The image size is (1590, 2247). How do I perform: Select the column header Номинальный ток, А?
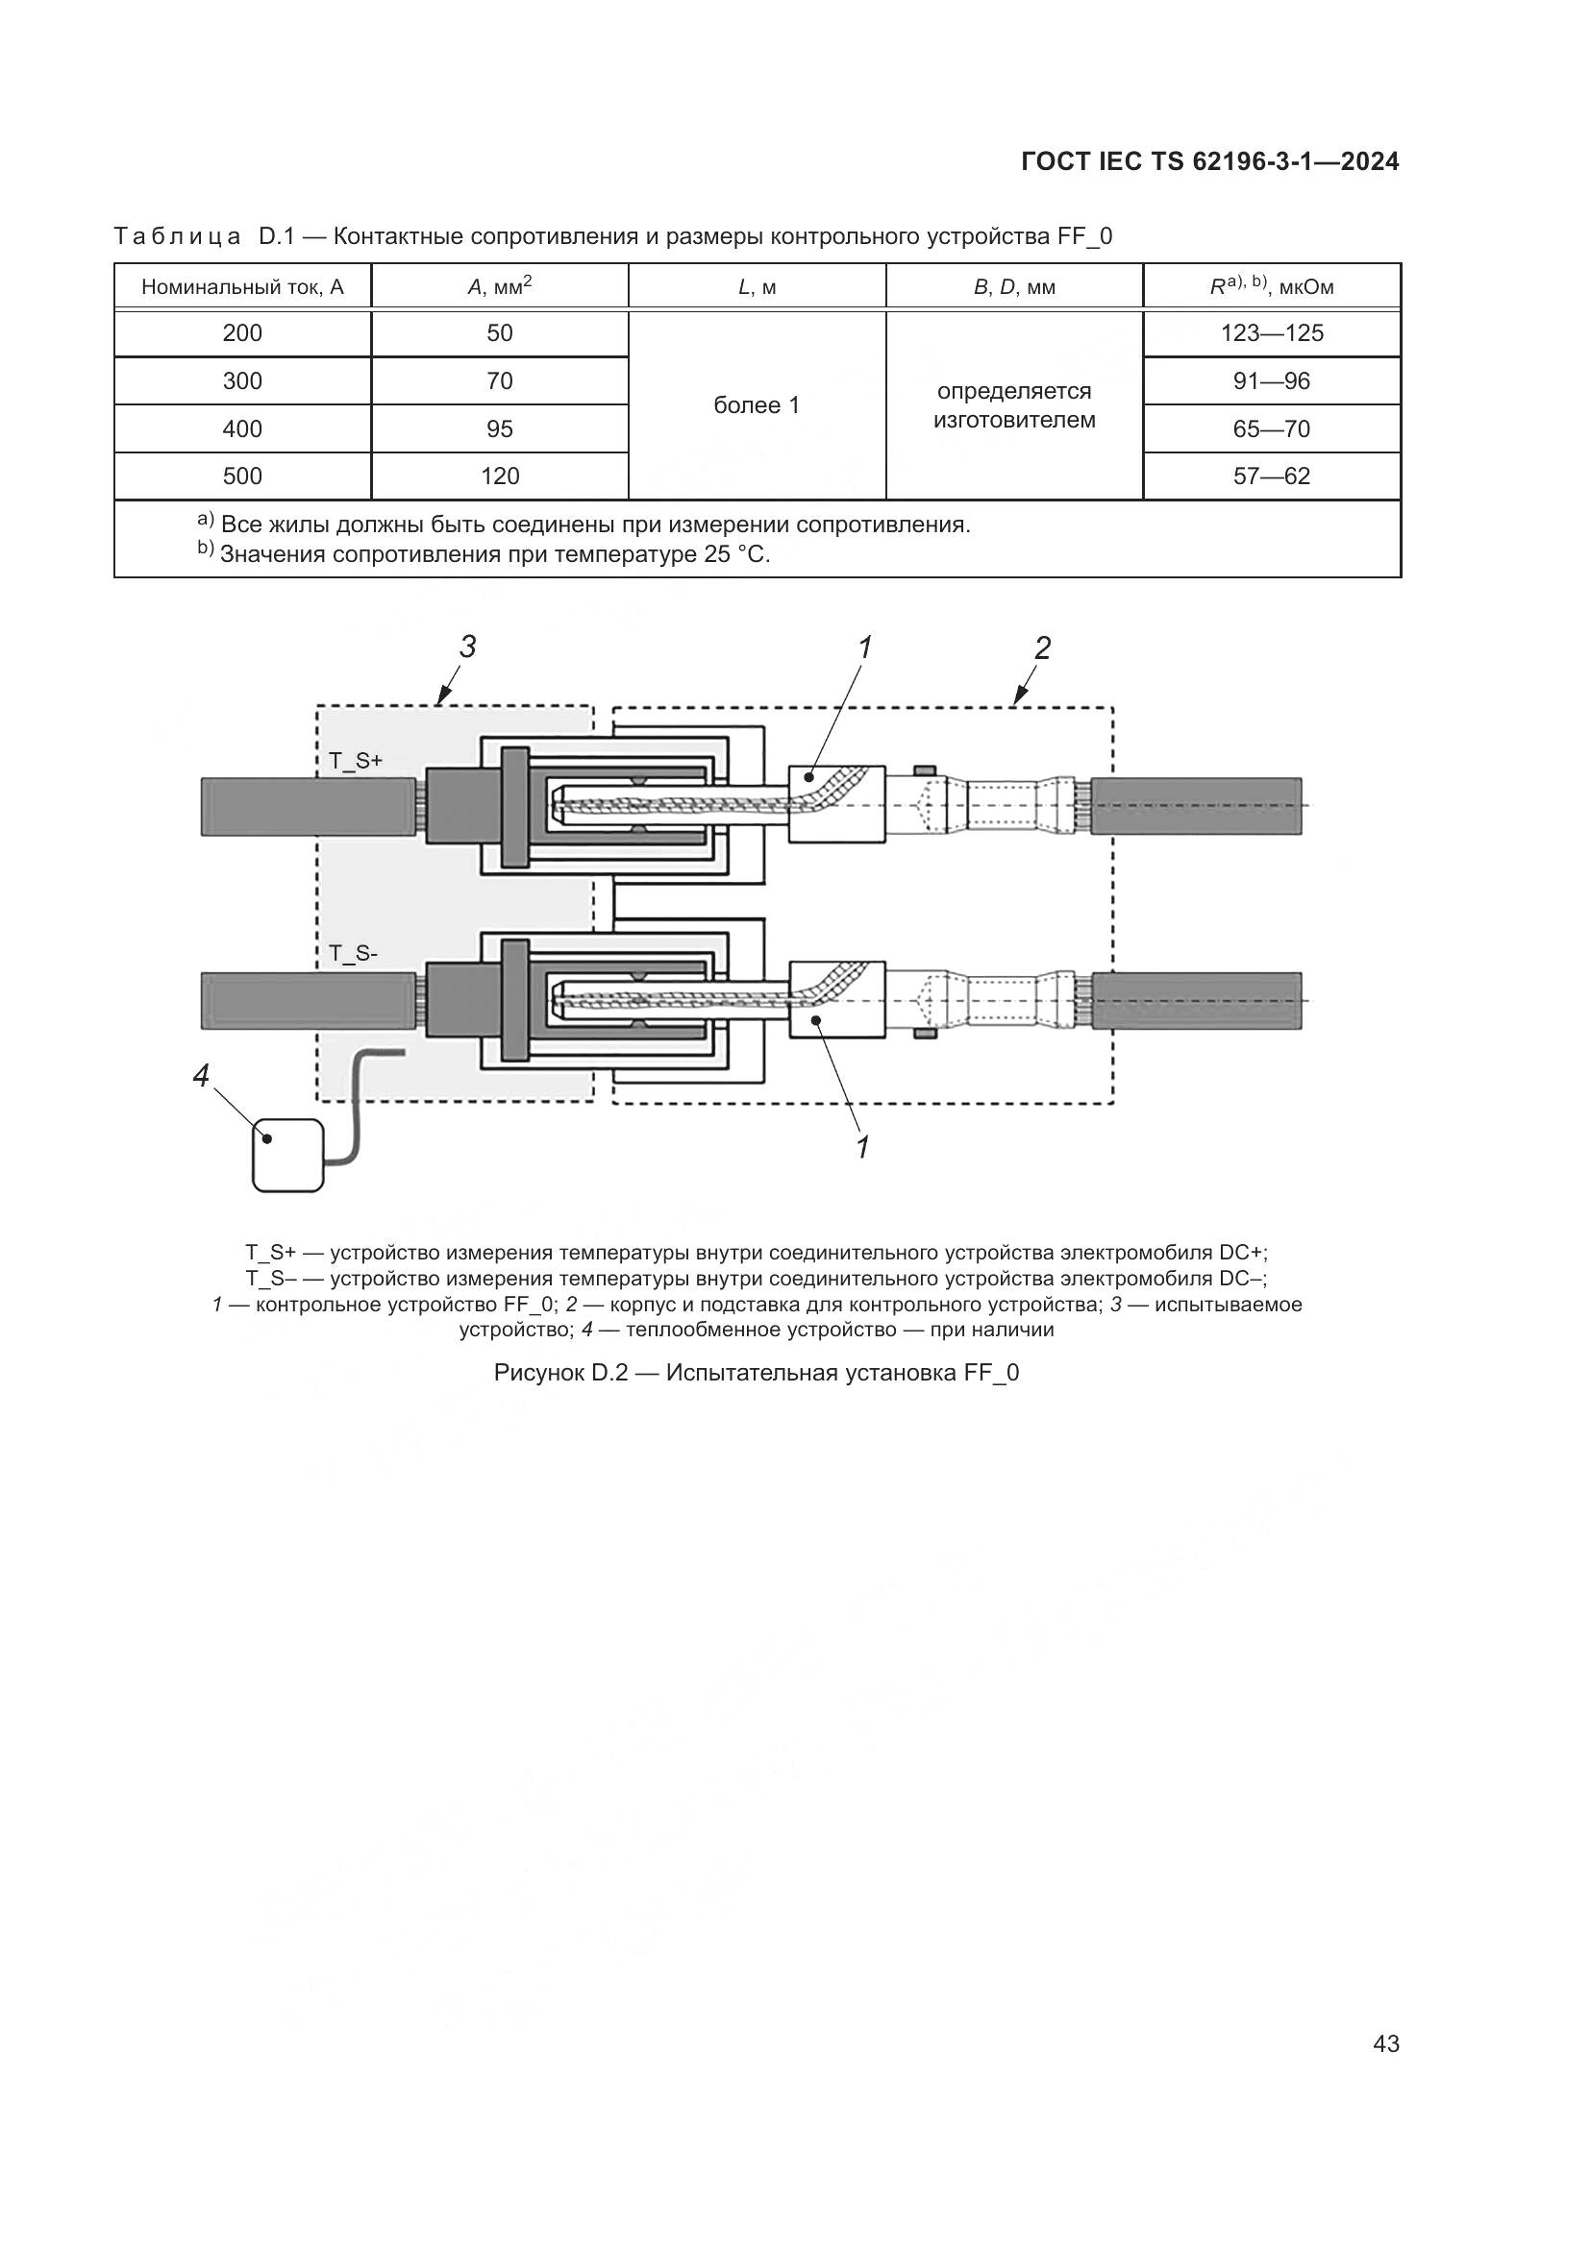pos(243,288)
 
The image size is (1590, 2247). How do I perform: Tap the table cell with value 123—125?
pos(1272,333)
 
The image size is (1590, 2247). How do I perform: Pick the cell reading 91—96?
pos(1272,381)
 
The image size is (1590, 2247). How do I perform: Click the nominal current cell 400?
pos(243,428)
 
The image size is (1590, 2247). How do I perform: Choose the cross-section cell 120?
pos(499,476)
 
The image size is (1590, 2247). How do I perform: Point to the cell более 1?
pos(757,405)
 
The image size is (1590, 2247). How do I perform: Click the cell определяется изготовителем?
pos(1014,405)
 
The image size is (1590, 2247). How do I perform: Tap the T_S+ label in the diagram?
pos(356,761)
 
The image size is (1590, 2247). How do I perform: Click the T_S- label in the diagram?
pos(354,952)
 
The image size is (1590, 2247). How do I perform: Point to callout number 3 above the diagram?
pos(468,647)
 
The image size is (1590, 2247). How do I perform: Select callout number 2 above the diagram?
pos(1043,647)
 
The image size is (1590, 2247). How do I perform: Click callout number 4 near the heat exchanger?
pos(201,1077)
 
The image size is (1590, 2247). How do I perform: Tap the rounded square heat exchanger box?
pos(287,1155)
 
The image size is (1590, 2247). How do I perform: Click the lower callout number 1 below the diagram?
pos(862,1148)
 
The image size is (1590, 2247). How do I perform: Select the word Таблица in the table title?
pos(177,237)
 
